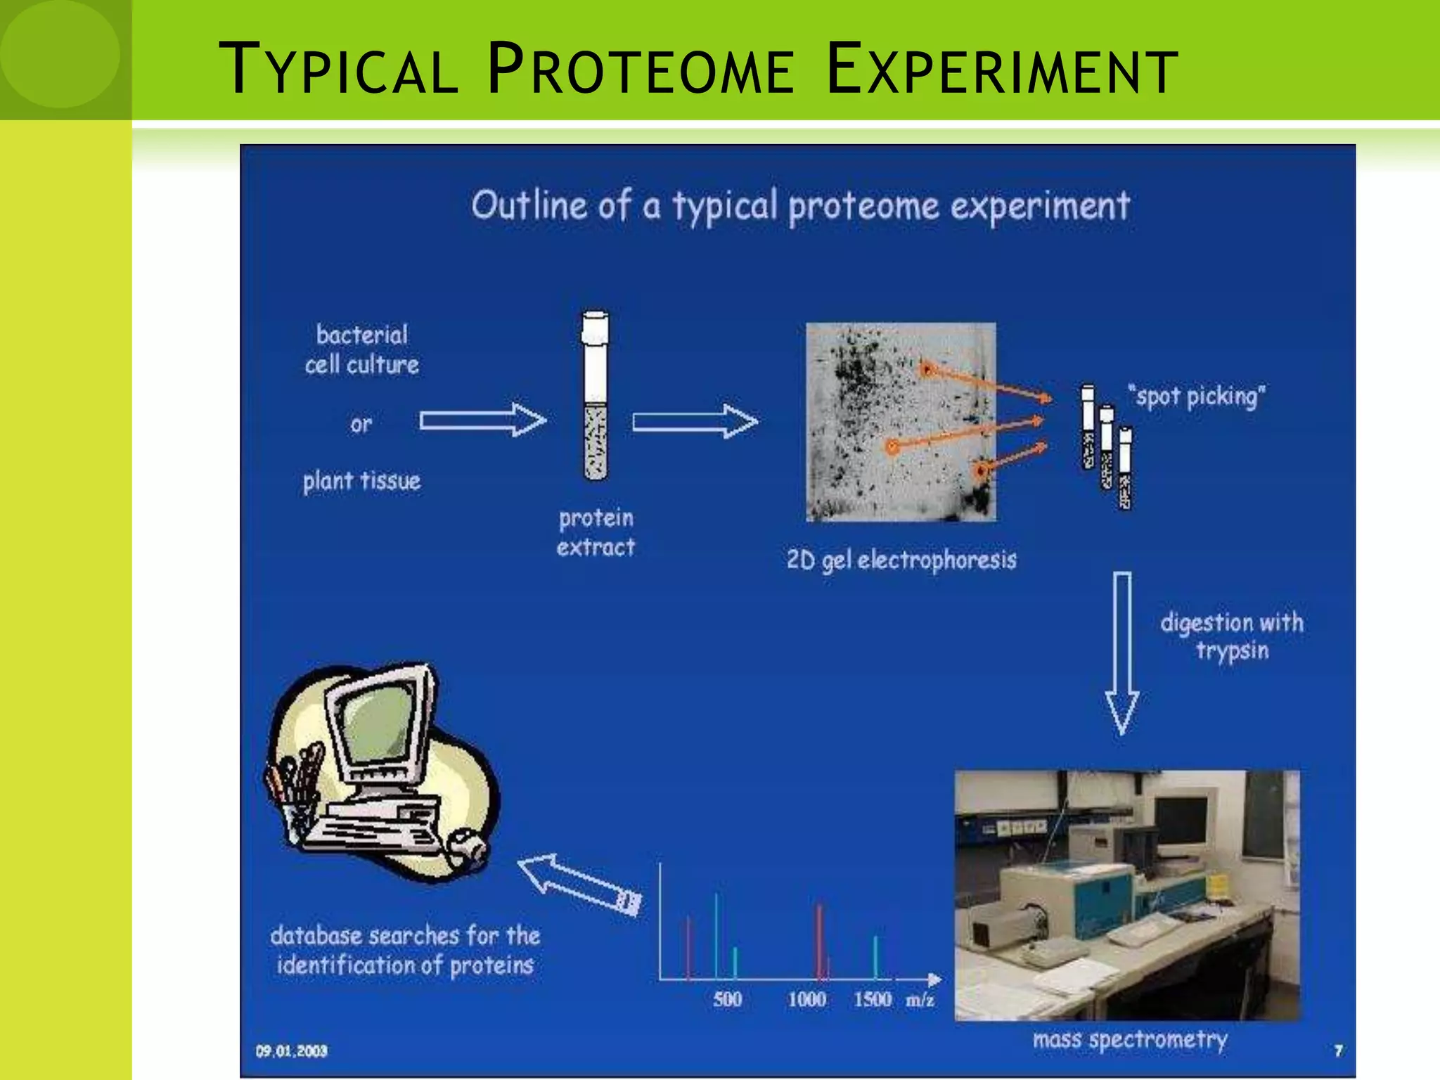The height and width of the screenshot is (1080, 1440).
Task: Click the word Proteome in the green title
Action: click(640, 70)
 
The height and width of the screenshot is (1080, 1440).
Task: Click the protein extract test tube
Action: click(596, 397)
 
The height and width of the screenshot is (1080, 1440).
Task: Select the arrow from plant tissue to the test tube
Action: click(482, 420)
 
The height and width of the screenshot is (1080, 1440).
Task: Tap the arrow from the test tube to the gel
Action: click(695, 421)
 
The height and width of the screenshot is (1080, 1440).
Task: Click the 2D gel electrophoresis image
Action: click(900, 422)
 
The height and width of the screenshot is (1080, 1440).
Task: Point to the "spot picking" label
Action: click(1195, 397)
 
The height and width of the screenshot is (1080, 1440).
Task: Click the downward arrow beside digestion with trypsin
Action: click(1122, 654)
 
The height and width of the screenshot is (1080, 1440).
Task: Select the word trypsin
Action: click(1233, 651)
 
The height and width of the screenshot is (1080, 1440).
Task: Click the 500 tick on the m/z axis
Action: click(727, 999)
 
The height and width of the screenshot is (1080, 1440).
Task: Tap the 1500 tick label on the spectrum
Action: click(872, 999)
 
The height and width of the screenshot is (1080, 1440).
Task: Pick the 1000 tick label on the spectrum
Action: click(806, 999)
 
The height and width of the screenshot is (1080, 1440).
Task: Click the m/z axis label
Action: click(920, 1000)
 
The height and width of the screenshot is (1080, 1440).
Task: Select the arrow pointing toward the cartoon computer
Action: click(580, 885)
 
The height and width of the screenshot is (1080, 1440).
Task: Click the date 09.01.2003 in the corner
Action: click(291, 1051)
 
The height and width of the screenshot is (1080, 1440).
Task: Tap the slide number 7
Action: click(1338, 1050)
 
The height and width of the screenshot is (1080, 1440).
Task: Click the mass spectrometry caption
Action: click(1129, 1040)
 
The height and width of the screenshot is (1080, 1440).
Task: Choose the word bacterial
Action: click(361, 335)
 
